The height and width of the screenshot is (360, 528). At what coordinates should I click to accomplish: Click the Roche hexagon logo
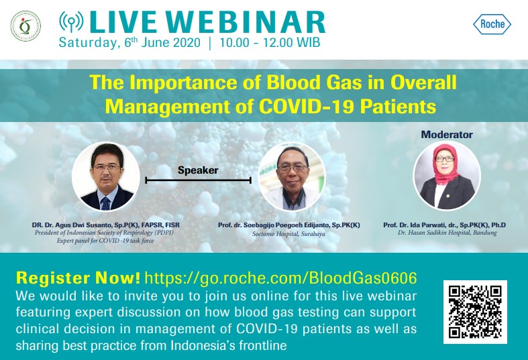pyautogui.click(x=492, y=24)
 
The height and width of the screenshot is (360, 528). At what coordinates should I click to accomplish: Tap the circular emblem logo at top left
pyautogui.click(x=25, y=26)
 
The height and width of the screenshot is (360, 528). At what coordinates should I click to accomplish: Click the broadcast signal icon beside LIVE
pyautogui.click(x=71, y=22)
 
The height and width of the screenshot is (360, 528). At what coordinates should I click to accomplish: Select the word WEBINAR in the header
pyautogui.click(x=246, y=23)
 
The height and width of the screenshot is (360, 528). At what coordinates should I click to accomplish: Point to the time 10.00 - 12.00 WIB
pyautogui.click(x=270, y=43)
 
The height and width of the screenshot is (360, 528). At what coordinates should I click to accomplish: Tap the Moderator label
pyautogui.click(x=447, y=135)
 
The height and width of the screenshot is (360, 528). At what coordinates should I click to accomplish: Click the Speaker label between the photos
pyautogui.click(x=198, y=170)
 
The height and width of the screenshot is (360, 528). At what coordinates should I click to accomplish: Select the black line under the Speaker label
pyautogui.click(x=199, y=180)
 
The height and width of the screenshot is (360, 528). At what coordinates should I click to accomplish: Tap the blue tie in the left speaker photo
pyautogui.click(x=106, y=203)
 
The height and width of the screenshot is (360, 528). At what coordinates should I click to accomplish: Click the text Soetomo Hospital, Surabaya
pyautogui.click(x=289, y=233)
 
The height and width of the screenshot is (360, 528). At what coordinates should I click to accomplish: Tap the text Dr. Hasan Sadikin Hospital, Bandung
pyautogui.click(x=447, y=233)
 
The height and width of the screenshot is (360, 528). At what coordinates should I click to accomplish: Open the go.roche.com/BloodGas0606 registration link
pyautogui.click(x=281, y=278)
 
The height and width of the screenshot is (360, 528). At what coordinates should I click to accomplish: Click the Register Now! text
pyautogui.click(x=78, y=278)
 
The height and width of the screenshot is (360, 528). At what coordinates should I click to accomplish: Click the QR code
pyautogui.click(x=475, y=312)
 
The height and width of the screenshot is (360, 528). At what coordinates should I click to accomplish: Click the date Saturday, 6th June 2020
pyautogui.click(x=129, y=43)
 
